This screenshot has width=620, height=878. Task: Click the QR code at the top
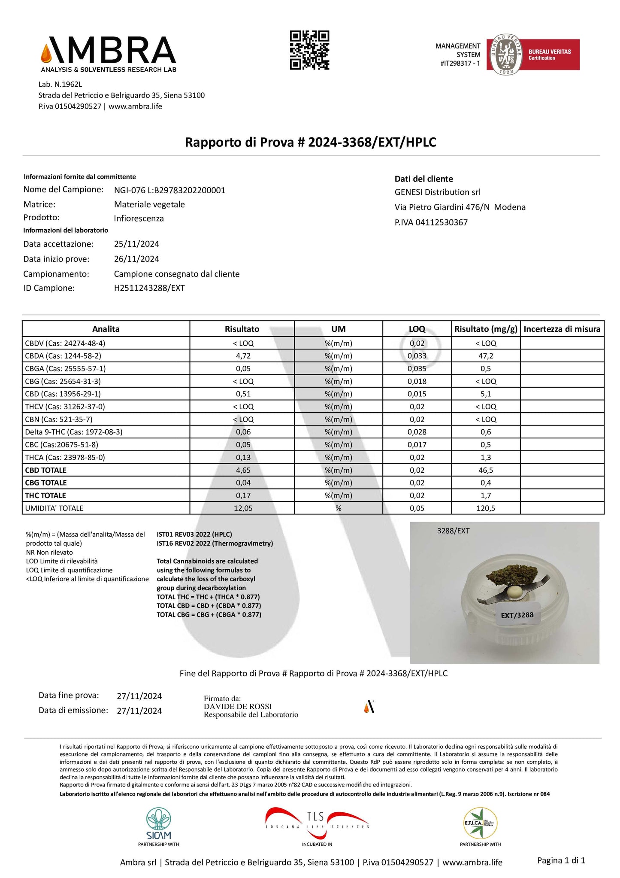(309, 50)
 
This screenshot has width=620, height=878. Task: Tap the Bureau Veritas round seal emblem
(506, 55)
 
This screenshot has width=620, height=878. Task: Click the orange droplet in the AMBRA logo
(45, 54)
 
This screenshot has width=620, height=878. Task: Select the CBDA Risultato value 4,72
(243, 356)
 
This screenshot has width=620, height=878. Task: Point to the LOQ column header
(417, 329)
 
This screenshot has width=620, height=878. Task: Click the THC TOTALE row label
(46, 495)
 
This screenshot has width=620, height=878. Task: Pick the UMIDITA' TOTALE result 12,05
(243, 508)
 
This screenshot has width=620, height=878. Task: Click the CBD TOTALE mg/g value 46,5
(485, 470)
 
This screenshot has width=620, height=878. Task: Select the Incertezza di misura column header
(562, 329)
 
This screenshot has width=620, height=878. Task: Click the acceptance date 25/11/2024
(136, 244)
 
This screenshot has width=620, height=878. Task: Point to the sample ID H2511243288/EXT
(149, 288)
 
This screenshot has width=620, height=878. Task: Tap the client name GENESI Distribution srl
(437, 192)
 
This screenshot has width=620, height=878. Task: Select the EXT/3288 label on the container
(517, 615)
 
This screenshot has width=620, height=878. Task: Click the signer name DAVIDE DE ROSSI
(238, 706)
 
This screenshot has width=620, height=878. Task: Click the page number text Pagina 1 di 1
(561, 860)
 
